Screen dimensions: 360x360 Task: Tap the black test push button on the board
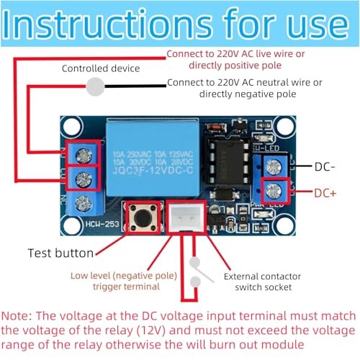143,217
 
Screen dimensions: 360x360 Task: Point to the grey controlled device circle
94,87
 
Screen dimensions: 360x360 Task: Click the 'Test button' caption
60,253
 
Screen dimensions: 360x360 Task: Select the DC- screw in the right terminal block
274,167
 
